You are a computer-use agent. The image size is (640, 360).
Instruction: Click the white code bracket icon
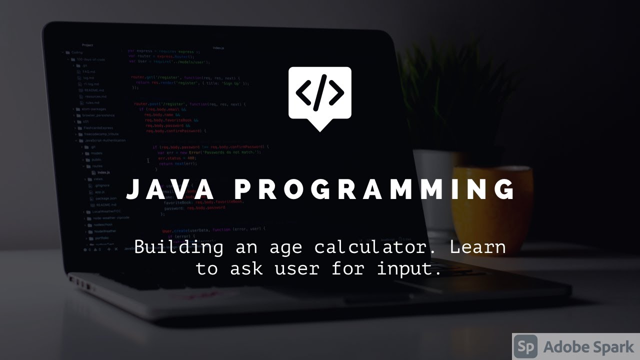coord(319,93)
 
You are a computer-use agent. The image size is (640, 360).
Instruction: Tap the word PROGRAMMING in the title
coord(375,189)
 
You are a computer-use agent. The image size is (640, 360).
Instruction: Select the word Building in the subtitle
coord(179,247)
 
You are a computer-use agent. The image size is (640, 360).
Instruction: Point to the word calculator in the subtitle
coord(376,247)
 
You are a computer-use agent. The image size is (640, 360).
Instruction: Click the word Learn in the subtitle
coord(478,247)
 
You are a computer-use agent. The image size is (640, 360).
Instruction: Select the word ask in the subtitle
coord(246,269)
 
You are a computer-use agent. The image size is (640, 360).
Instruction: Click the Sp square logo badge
coord(525,346)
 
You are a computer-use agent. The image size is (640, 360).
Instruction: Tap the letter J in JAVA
coord(132,190)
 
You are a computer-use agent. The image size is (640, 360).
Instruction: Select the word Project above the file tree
coord(87,45)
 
